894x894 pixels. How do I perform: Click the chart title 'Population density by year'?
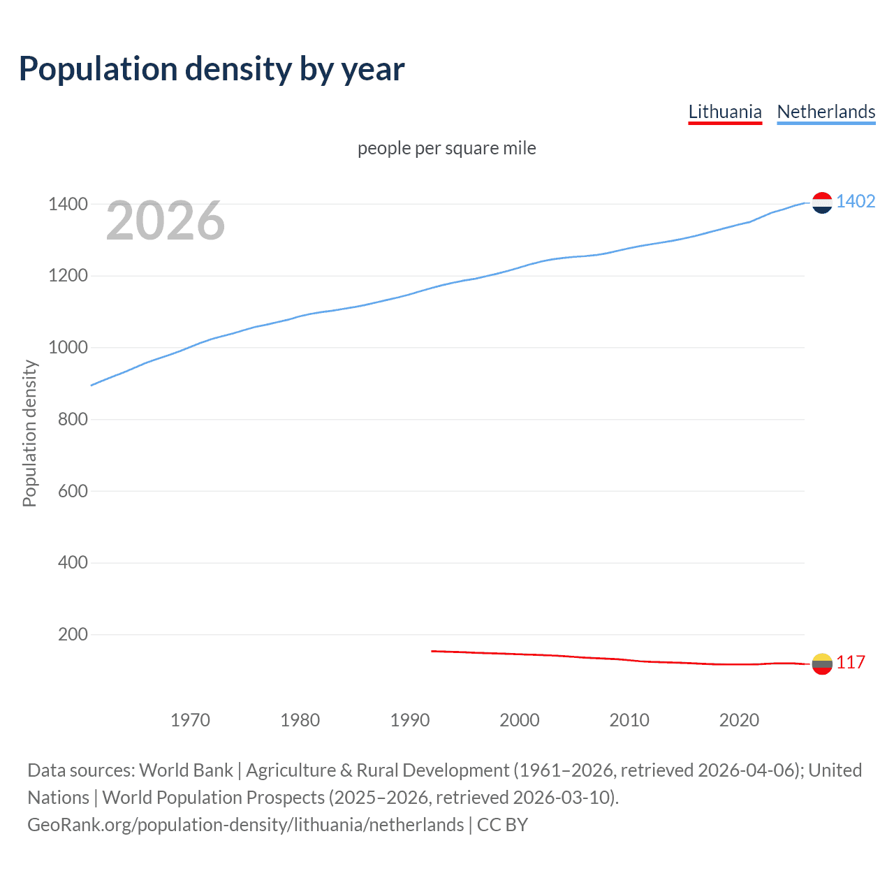click(212, 69)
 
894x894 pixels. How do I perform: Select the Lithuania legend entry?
click(724, 112)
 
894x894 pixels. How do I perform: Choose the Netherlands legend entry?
click(826, 112)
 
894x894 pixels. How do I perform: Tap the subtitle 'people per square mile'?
click(446, 149)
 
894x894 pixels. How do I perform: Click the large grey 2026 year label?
click(166, 221)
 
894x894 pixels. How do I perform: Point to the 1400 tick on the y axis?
click(68, 205)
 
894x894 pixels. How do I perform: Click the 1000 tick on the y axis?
click(68, 348)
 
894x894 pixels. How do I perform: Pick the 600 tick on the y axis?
click(72, 491)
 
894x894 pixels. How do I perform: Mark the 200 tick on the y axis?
click(72, 635)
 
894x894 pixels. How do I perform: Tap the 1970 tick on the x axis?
click(190, 720)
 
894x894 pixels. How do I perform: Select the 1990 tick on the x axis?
click(410, 720)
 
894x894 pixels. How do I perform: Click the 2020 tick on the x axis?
click(739, 720)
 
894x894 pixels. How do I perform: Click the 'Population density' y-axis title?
click(29, 433)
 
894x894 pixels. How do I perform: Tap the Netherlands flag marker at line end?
click(822, 203)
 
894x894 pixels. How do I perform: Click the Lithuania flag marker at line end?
click(822, 664)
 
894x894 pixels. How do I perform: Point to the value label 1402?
click(856, 202)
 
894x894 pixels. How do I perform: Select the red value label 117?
click(851, 663)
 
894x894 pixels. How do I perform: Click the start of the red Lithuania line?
click(432, 651)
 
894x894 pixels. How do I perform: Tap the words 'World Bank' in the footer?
click(186, 770)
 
